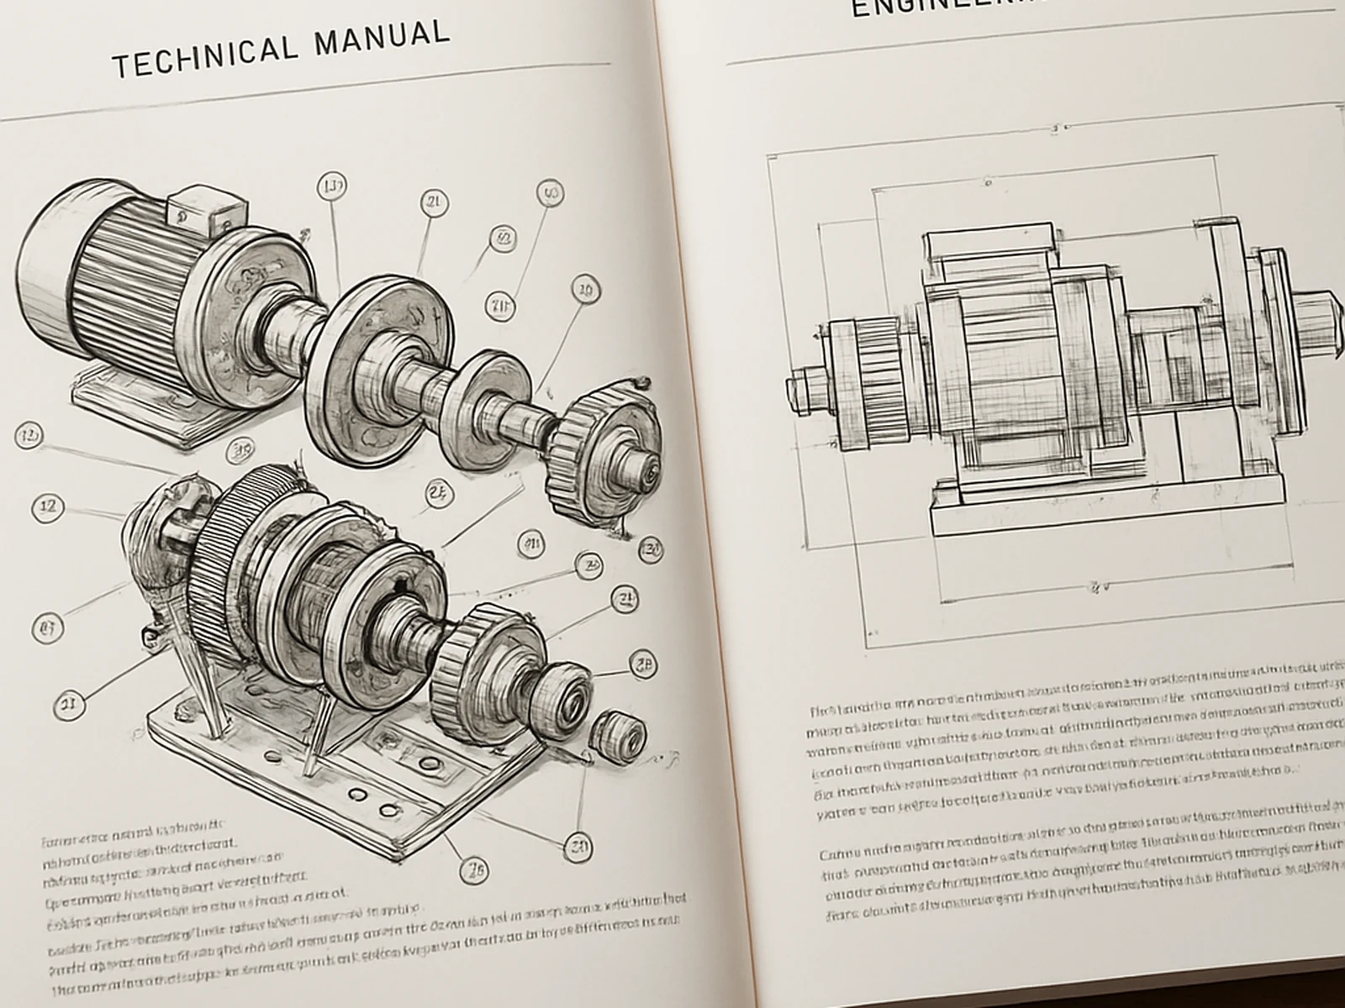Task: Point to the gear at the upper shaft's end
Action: [601, 454]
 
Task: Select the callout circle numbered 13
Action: [333, 186]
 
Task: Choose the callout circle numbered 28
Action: [642, 665]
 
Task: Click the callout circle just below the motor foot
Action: [242, 449]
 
